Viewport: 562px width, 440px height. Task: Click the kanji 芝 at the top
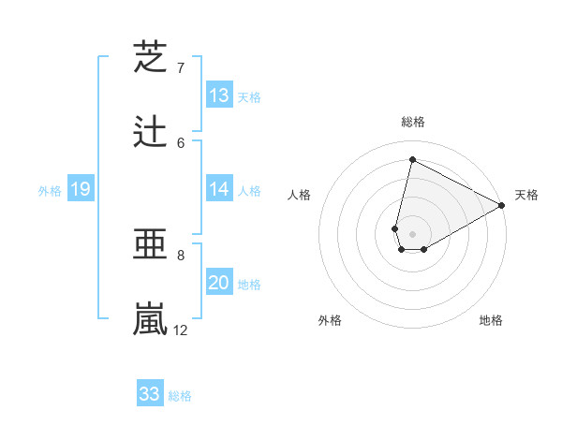[x=150, y=57]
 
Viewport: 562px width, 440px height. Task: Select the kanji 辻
[x=150, y=132]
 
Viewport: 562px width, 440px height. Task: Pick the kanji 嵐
[x=150, y=319]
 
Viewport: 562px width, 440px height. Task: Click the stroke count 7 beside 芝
[x=180, y=68]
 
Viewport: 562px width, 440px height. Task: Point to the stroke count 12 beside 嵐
[x=181, y=330]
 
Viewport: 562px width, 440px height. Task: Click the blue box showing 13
[x=219, y=95]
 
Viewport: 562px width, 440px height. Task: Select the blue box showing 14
[x=219, y=189]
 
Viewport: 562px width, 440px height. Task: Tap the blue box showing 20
[x=219, y=283]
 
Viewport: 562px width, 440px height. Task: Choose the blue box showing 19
[x=80, y=190]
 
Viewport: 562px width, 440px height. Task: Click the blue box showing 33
[x=150, y=394]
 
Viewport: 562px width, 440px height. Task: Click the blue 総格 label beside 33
[x=180, y=396]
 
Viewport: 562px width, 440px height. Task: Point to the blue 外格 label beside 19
[x=50, y=191]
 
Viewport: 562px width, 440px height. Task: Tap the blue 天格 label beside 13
[x=248, y=97]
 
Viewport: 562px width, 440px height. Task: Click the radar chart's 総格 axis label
[x=413, y=122]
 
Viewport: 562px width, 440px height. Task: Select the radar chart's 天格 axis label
[x=526, y=195]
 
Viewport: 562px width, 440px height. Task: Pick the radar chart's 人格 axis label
[x=300, y=195]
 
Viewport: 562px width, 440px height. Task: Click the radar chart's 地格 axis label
[x=491, y=321]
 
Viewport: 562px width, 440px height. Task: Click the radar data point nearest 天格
[x=503, y=206]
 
